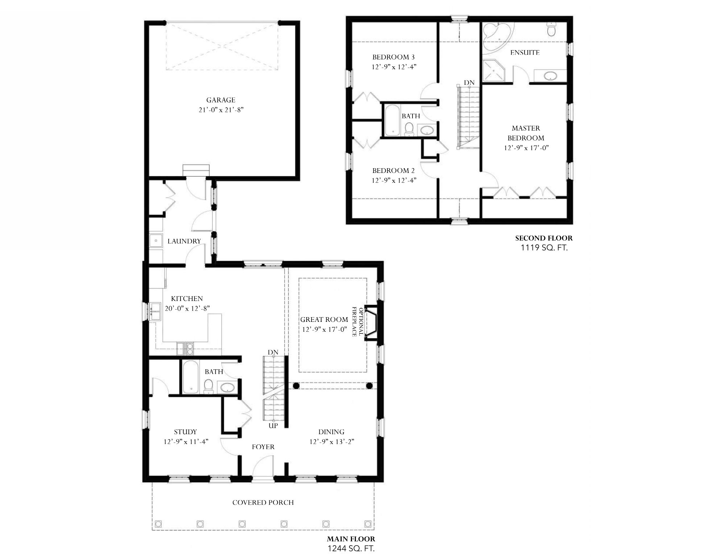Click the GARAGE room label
pyautogui.click(x=221, y=100)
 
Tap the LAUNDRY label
pyautogui.click(x=184, y=241)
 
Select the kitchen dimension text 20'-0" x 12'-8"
pyautogui.click(x=187, y=308)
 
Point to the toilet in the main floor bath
pyautogui.click(x=208, y=386)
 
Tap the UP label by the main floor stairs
pyautogui.click(x=273, y=426)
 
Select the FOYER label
pyautogui.click(x=263, y=447)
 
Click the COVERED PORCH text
pyautogui.click(x=263, y=502)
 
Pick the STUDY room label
pyautogui.click(x=185, y=432)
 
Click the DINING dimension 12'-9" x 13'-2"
pyautogui.click(x=332, y=441)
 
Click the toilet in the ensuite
pyautogui.click(x=551, y=29)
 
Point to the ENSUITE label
pyautogui.click(x=525, y=53)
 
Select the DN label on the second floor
pyautogui.click(x=469, y=83)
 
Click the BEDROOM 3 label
pyautogui.click(x=393, y=57)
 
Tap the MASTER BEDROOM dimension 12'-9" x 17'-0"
pyautogui.click(x=526, y=148)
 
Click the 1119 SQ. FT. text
pyautogui.click(x=544, y=248)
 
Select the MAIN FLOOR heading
pyautogui.click(x=351, y=539)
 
